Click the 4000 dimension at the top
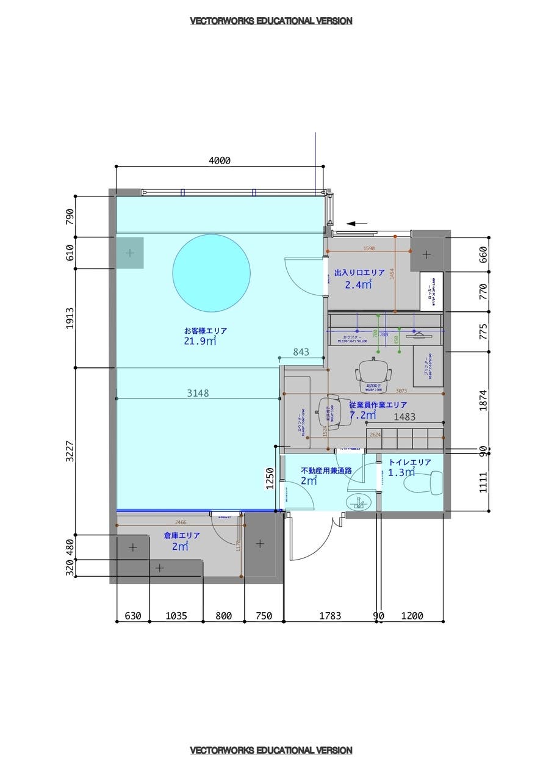tap(220, 161)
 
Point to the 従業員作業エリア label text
tap(378, 405)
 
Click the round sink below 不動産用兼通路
tap(359, 502)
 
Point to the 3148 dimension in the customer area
tap(198, 393)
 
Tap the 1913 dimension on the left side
tap(70, 318)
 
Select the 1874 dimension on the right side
tap(483, 400)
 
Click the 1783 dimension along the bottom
tap(330, 616)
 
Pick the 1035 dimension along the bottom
tap(176, 616)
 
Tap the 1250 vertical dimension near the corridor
tap(270, 479)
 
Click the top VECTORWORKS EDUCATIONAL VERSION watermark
tap(271, 21)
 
